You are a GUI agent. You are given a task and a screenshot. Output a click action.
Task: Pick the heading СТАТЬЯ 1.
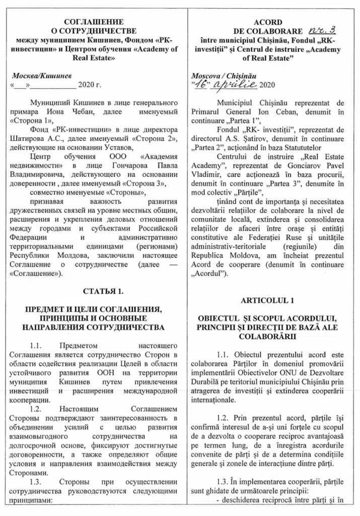(x=94, y=291)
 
